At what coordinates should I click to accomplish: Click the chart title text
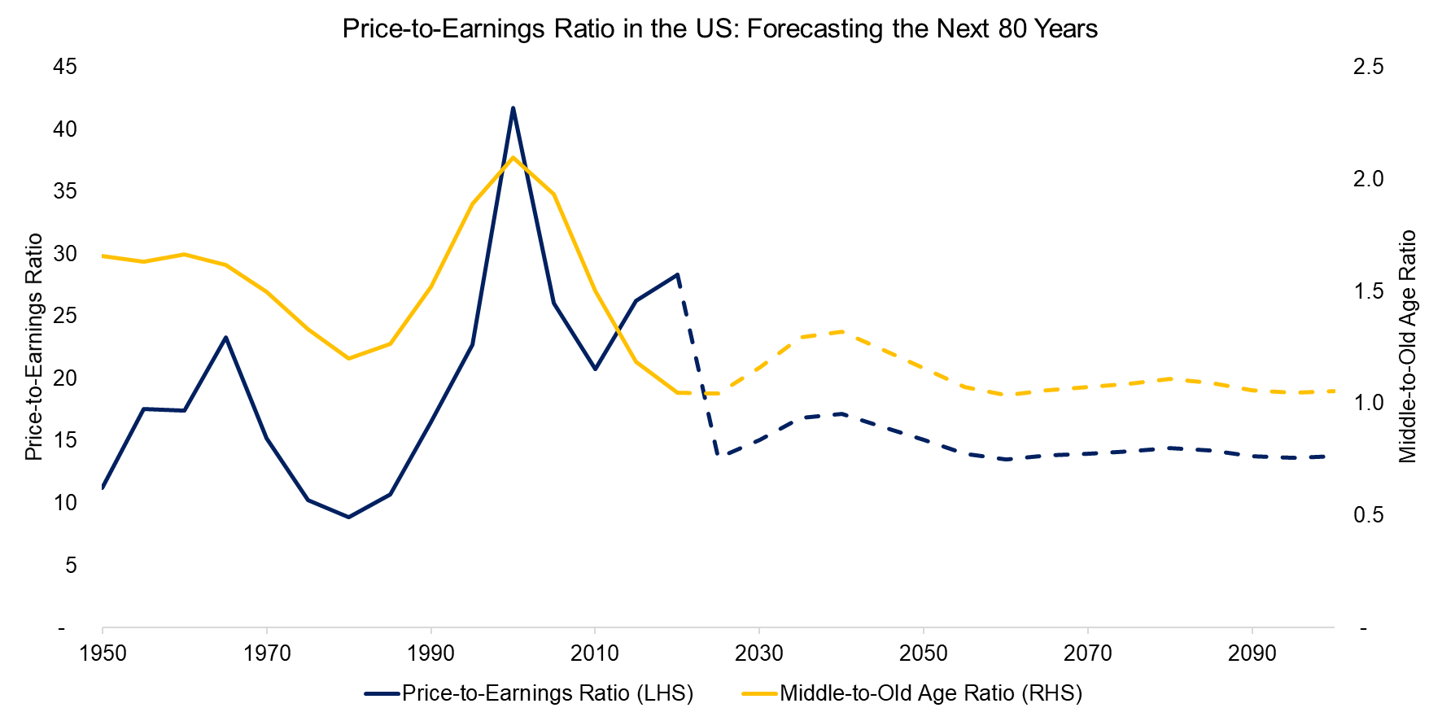click(x=719, y=29)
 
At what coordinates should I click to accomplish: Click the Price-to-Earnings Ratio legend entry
click(x=547, y=693)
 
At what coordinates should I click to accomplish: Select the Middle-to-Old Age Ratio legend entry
click(x=931, y=693)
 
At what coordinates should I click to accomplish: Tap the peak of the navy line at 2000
click(x=513, y=107)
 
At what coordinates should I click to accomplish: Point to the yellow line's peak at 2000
click(x=513, y=157)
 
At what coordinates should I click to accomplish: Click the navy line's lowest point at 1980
click(x=349, y=517)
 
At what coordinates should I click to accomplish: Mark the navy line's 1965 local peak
click(x=225, y=337)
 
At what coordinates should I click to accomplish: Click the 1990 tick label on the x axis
click(x=431, y=653)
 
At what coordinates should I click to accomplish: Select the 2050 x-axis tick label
click(x=924, y=653)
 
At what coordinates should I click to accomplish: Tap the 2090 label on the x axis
click(x=1252, y=653)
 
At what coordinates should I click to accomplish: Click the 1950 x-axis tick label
click(x=103, y=653)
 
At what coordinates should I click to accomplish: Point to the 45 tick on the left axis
click(x=65, y=67)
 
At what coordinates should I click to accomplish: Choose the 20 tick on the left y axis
click(x=65, y=378)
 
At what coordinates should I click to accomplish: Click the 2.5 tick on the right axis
click(x=1368, y=67)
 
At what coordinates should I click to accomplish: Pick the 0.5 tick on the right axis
click(x=1368, y=516)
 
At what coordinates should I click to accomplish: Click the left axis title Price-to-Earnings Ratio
click(x=33, y=347)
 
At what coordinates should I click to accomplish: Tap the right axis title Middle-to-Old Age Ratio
click(x=1408, y=347)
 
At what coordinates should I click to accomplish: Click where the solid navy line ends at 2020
click(x=677, y=274)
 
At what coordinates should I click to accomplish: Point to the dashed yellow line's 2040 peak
click(x=841, y=331)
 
